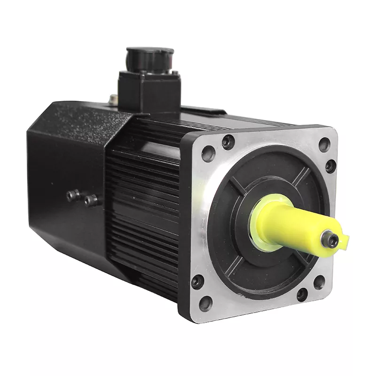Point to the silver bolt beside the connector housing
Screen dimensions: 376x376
point(113,99)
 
